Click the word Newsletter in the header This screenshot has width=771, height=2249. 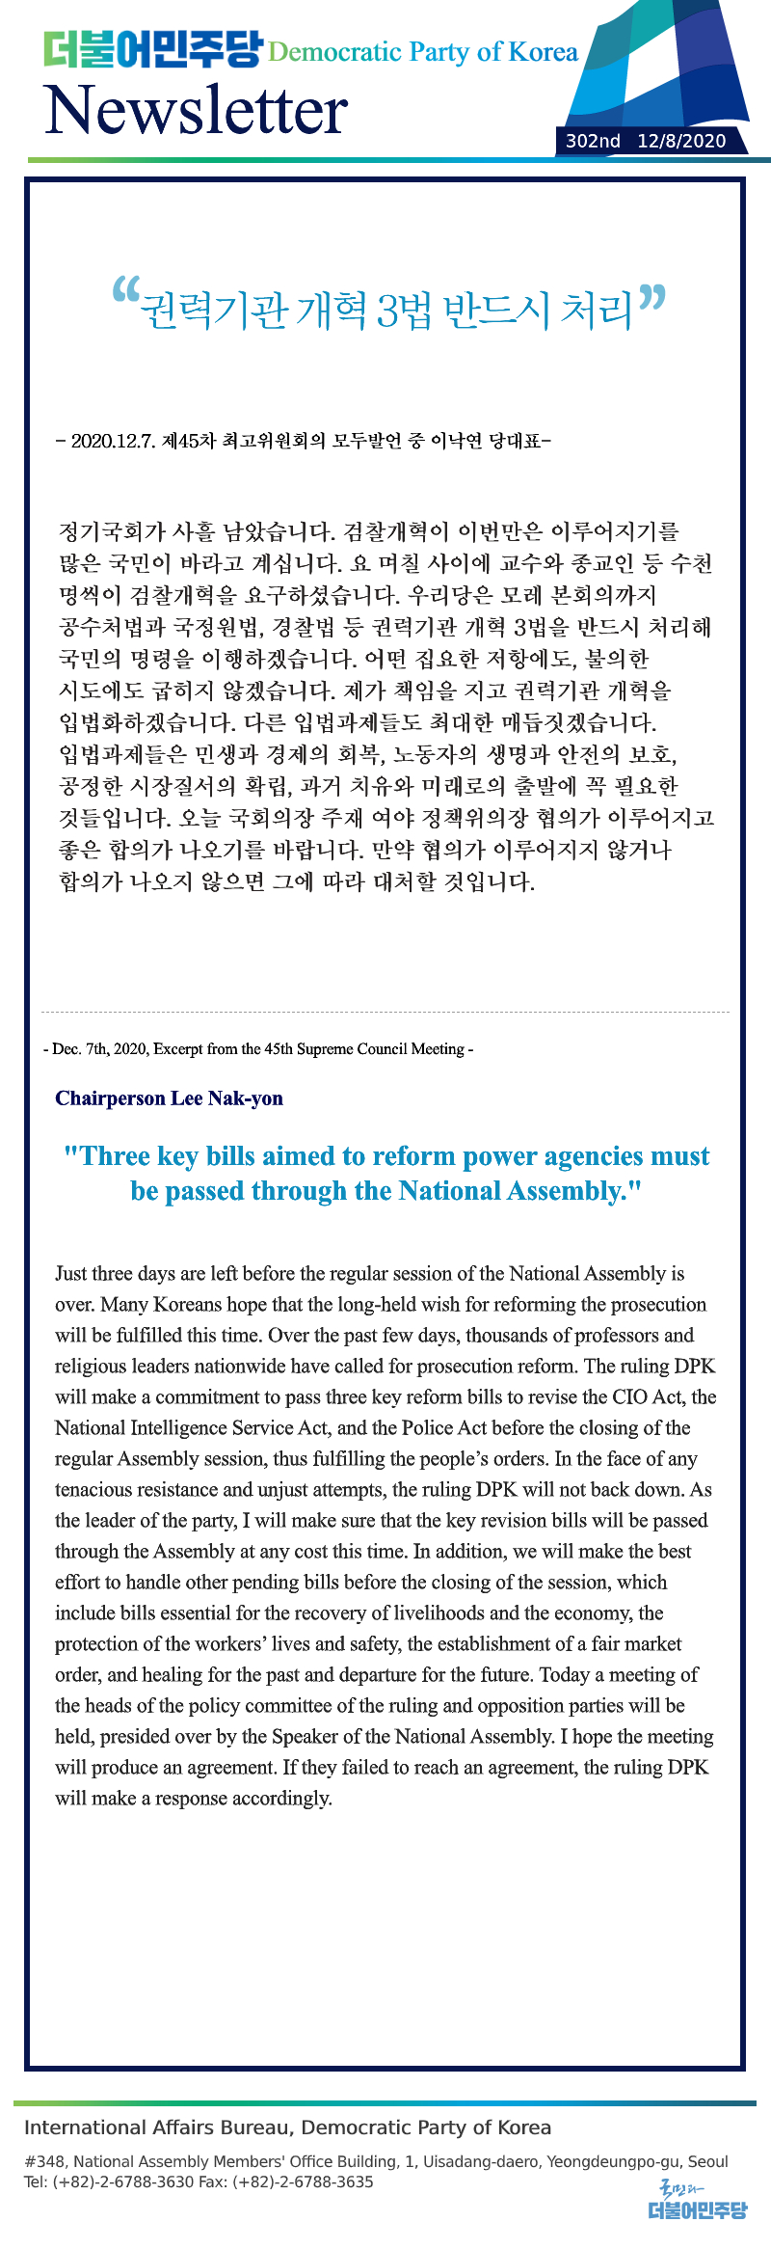pos(196,110)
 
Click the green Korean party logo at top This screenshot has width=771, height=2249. pos(152,49)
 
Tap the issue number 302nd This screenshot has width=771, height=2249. pos(593,141)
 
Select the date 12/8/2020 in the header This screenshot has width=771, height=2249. pos(681,141)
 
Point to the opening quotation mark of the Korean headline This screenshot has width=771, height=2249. pos(125,290)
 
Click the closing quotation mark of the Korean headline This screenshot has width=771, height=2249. pos(651,298)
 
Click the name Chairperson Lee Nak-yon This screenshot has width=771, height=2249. pos(169,1098)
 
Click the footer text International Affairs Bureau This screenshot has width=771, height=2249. pos(156,2127)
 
